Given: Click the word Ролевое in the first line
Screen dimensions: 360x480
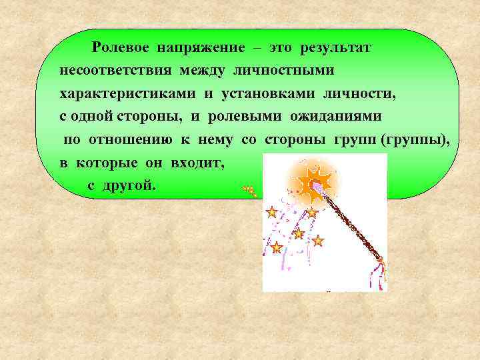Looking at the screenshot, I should click(x=121, y=48).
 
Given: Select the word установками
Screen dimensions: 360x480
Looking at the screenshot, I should click(x=261, y=94).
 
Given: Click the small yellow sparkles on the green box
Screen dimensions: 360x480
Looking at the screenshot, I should click(x=250, y=191).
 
